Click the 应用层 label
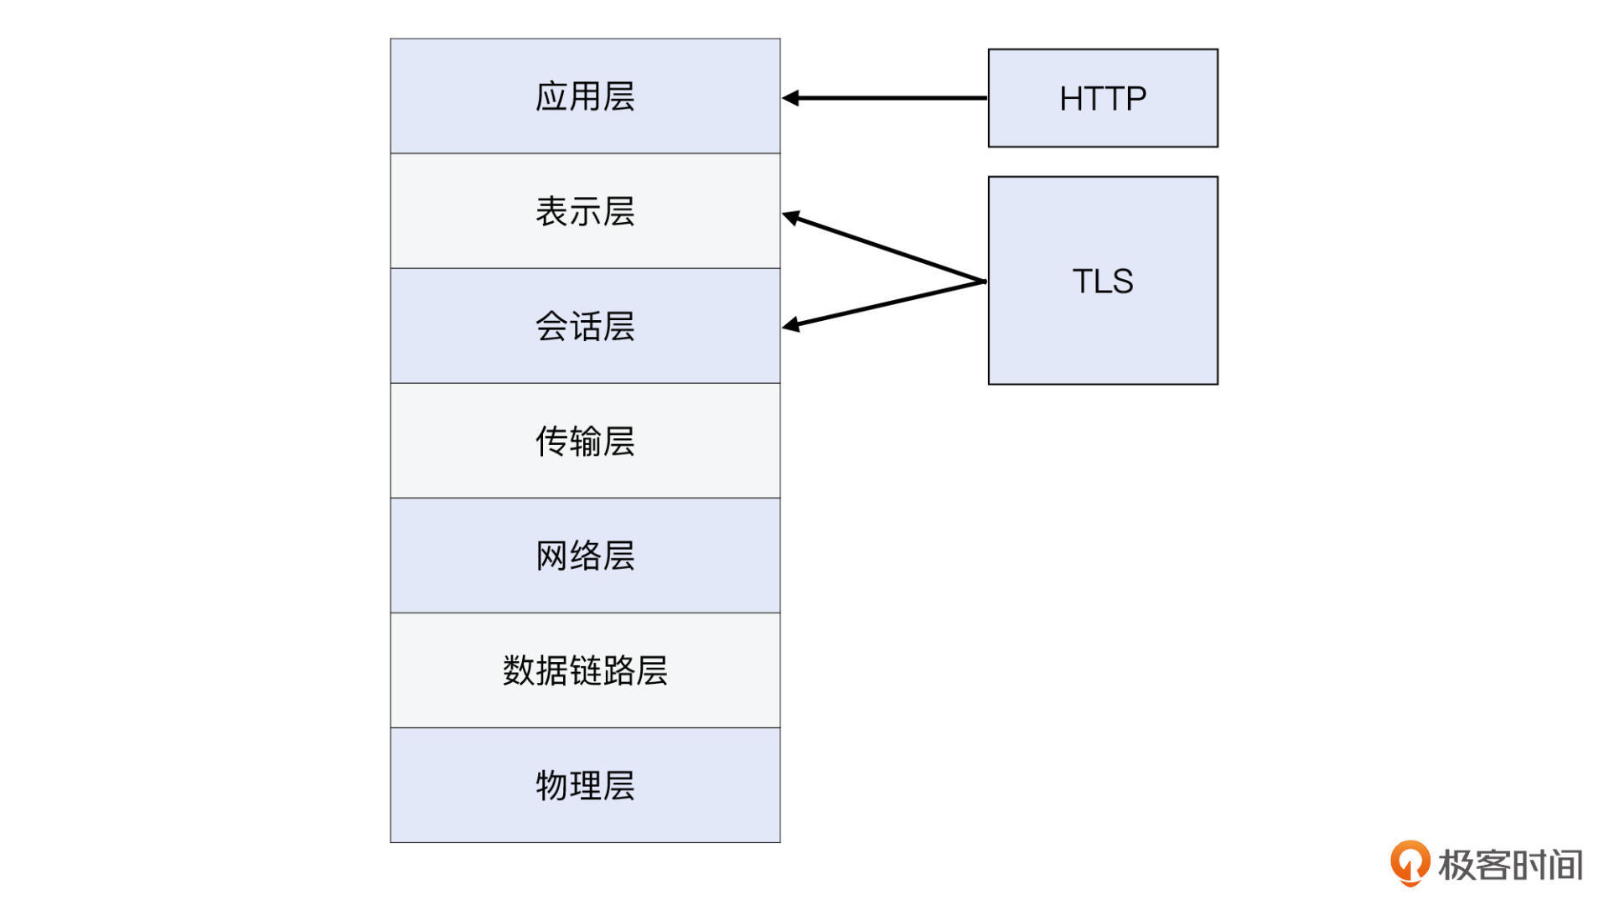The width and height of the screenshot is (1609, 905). (585, 96)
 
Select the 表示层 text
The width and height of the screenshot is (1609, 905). (585, 211)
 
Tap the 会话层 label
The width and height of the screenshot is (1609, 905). (585, 326)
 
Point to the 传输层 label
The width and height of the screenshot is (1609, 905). (585, 441)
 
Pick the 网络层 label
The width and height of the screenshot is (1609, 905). (585, 556)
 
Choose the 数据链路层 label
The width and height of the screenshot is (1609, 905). (585, 670)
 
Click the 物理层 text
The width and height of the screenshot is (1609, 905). (585, 785)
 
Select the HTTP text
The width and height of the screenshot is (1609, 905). (1103, 99)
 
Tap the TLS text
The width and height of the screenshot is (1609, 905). (1103, 281)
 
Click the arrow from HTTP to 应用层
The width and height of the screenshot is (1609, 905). (888, 98)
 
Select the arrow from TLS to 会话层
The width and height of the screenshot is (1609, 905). (888, 303)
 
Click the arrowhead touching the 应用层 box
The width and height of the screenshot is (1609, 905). (791, 98)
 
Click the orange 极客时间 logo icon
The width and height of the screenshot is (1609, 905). (1410, 862)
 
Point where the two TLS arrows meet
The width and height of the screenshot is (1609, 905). (984, 282)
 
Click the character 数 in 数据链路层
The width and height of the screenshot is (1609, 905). (519, 670)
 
